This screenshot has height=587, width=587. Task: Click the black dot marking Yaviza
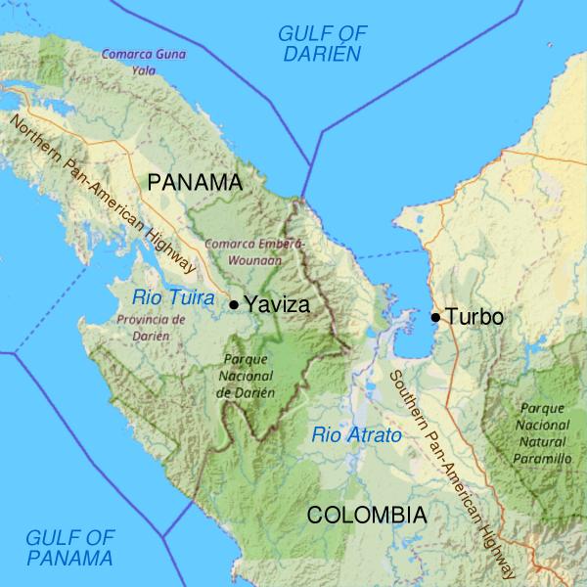(234, 304)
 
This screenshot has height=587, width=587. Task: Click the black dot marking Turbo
(435, 316)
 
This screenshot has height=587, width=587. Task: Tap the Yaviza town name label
(277, 304)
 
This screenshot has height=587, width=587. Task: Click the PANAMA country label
(194, 182)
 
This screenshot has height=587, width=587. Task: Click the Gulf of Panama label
(69, 548)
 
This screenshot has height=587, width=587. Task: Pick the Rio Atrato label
(357, 435)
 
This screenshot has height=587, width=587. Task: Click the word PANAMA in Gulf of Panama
(69, 559)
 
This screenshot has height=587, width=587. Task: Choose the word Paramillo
(544, 458)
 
